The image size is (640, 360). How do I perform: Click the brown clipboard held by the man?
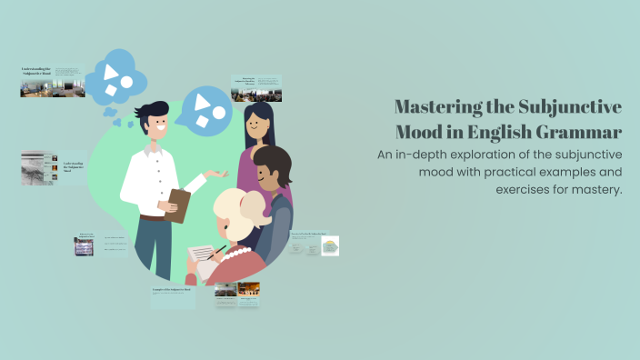tap(177, 205)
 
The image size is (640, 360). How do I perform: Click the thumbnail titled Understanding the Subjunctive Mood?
tap(53, 81)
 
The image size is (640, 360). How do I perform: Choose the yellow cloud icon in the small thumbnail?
tap(330, 245)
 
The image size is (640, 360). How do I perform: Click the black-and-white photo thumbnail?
tap(38, 167)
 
